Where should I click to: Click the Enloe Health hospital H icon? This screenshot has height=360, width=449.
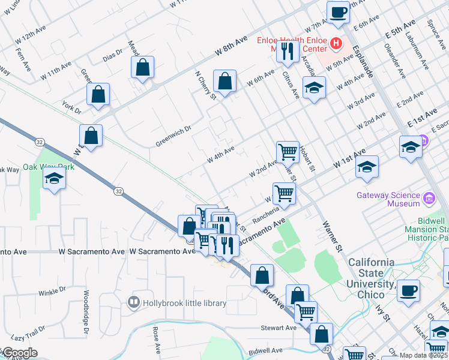click(x=336, y=44)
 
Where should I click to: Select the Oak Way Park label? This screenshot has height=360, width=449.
click(x=49, y=167)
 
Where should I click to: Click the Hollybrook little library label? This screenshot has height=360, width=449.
click(x=184, y=303)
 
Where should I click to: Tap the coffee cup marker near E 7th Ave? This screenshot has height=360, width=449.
click(x=338, y=12)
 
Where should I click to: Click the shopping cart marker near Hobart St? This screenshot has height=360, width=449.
click(x=288, y=152)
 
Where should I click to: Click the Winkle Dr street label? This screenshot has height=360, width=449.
click(x=52, y=292)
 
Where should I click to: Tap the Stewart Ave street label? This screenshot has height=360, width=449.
click(x=279, y=328)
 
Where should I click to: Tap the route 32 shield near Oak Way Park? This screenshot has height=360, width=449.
click(x=119, y=191)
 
